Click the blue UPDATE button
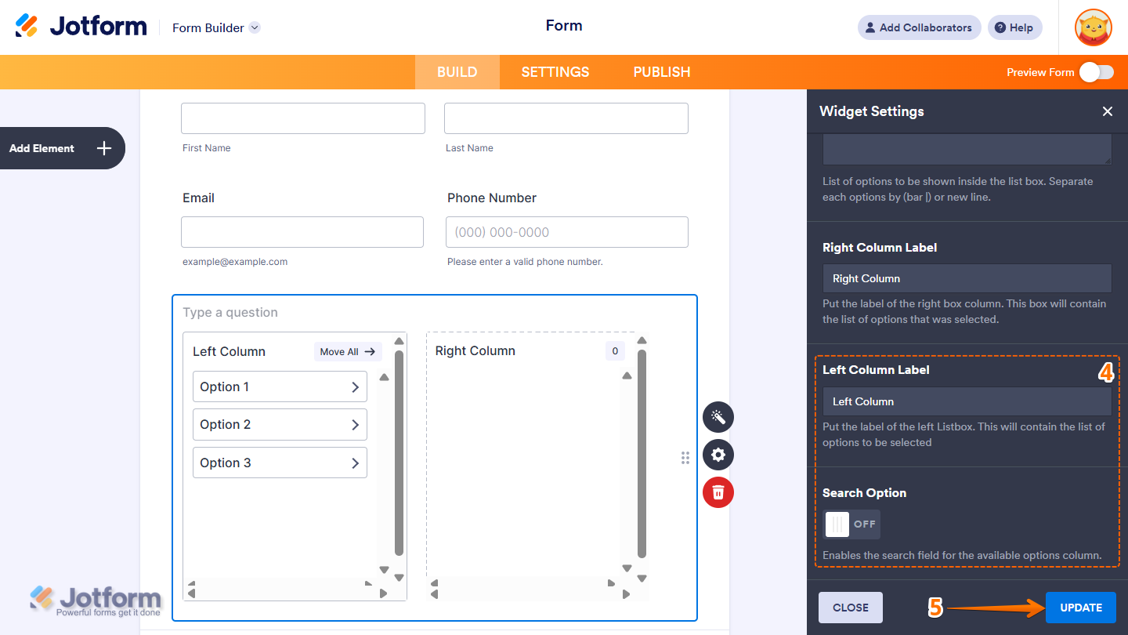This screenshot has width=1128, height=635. click(1080, 608)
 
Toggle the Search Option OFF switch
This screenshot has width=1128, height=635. click(851, 524)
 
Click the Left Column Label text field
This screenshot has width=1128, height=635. click(967, 401)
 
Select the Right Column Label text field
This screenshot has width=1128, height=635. click(967, 278)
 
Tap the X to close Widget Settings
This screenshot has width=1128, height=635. click(1107, 111)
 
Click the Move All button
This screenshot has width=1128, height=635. click(348, 352)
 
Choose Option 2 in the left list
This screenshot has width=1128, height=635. click(280, 425)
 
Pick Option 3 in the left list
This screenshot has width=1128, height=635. click(280, 463)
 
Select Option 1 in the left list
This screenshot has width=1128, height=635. click(280, 386)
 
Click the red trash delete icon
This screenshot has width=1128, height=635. click(718, 492)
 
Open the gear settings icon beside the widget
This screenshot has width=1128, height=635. click(718, 455)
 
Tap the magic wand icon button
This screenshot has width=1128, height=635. click(718, 417)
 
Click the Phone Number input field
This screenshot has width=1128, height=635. click(566, 232)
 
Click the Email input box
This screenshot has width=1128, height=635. click(302, 232)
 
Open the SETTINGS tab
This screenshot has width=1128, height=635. click(555, 72)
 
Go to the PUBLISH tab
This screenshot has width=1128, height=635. click(661, 72)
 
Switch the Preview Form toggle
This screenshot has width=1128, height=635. click(1096, 72)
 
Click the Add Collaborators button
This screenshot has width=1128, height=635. click(919, 27)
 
